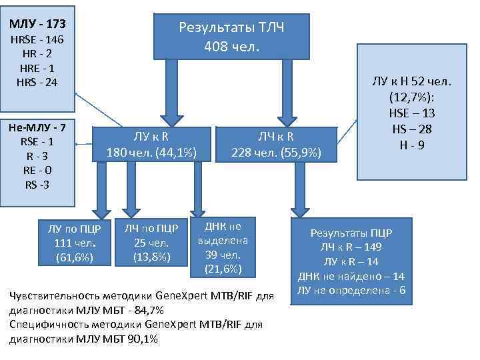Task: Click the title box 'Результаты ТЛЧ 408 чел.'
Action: tap(231, 37)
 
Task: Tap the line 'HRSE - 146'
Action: tap(37, 41)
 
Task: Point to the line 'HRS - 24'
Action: tap(37, 82)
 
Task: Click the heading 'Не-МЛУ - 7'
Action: tap(37, 127)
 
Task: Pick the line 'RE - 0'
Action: tap(37, 170)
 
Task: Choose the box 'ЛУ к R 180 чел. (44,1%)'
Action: tap(151, 144)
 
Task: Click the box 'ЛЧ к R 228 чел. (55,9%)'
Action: tap(276, 144)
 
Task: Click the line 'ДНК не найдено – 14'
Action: tap(351, 276)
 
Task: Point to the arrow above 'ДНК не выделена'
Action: tap(197, 189)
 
